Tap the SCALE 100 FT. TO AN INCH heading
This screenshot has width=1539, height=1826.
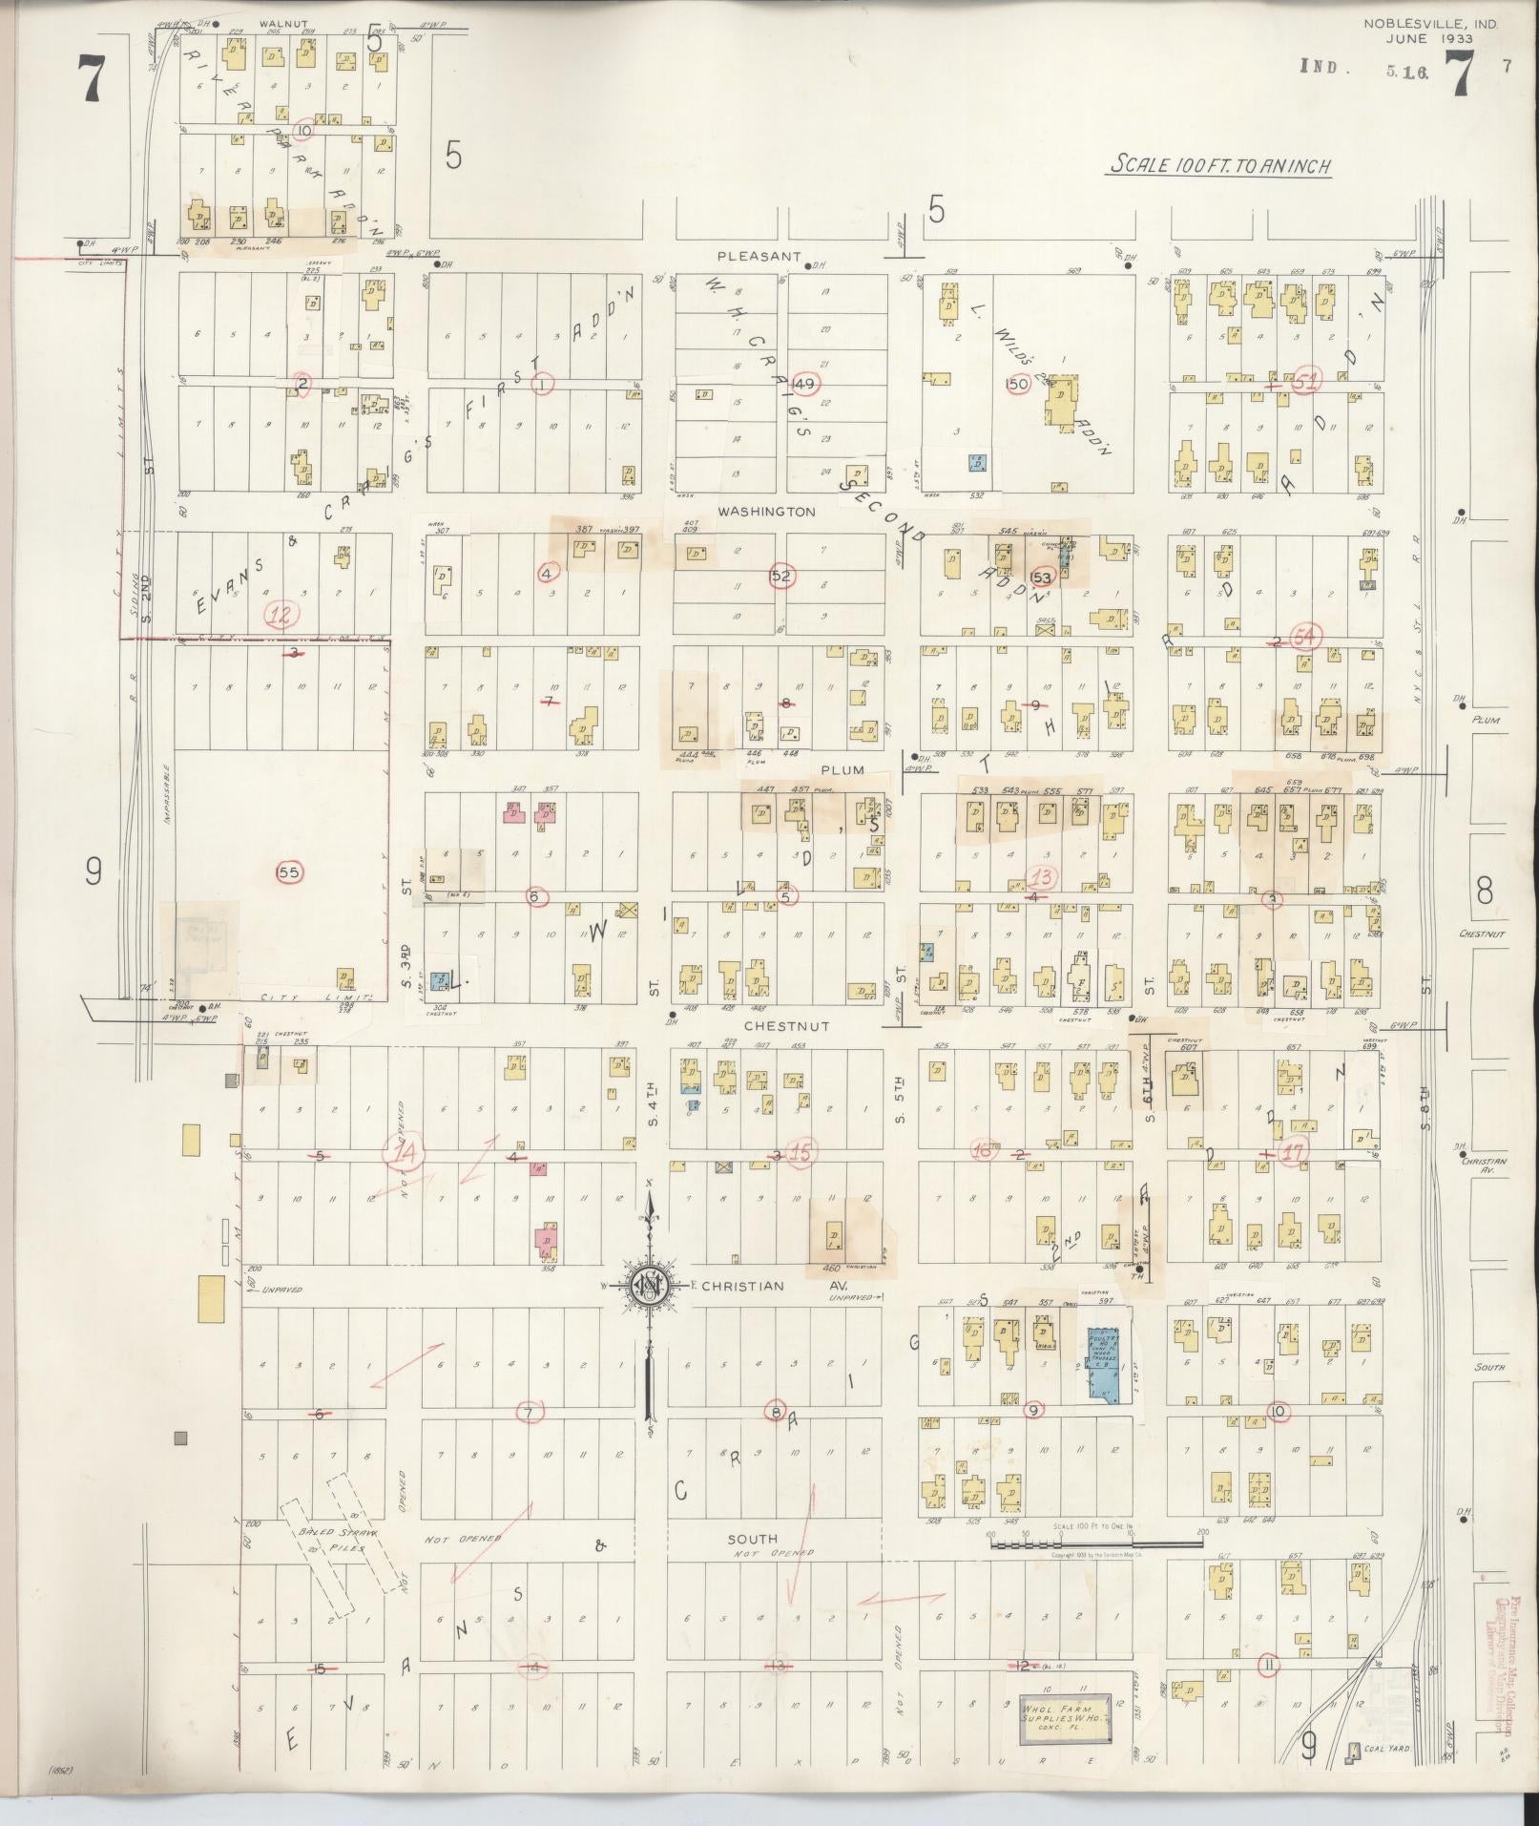point(1218,166)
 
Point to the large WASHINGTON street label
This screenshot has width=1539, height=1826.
point(766,512)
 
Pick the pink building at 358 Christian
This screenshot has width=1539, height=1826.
point(545,1241)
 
